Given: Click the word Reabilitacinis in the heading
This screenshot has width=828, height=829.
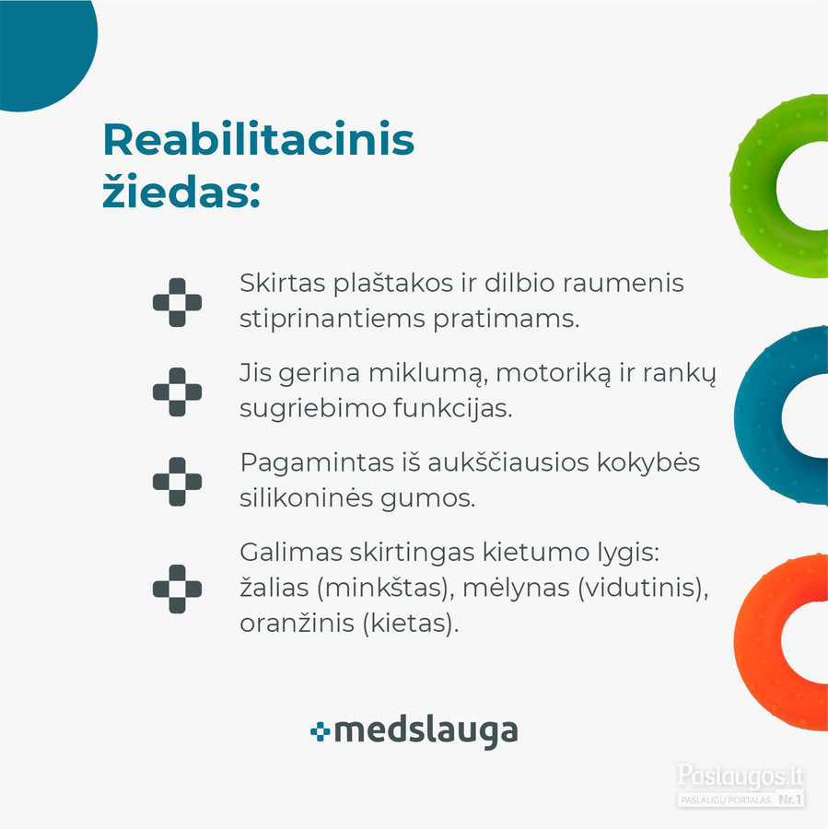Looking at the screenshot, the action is click(259, 140).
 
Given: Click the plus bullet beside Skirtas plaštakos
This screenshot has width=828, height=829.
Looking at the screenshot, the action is click(177, 302).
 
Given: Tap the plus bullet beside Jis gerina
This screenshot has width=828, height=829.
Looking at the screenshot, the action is click(177, 391).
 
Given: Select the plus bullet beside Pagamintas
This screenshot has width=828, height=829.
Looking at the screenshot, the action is click(177, 482).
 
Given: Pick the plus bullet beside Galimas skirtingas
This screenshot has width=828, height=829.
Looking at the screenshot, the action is click(177, 589).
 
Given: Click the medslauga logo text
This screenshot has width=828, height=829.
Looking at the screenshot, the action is click(426, 732).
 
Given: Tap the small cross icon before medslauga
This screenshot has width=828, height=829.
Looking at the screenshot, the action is click(321, 731).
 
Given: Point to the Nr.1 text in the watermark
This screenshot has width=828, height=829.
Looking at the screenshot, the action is click(790, 799).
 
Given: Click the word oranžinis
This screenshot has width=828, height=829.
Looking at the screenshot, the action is click(297, 624).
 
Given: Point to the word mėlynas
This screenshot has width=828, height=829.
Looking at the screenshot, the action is click(517, 588).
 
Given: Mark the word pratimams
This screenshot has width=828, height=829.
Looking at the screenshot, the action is click(506, 320).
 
